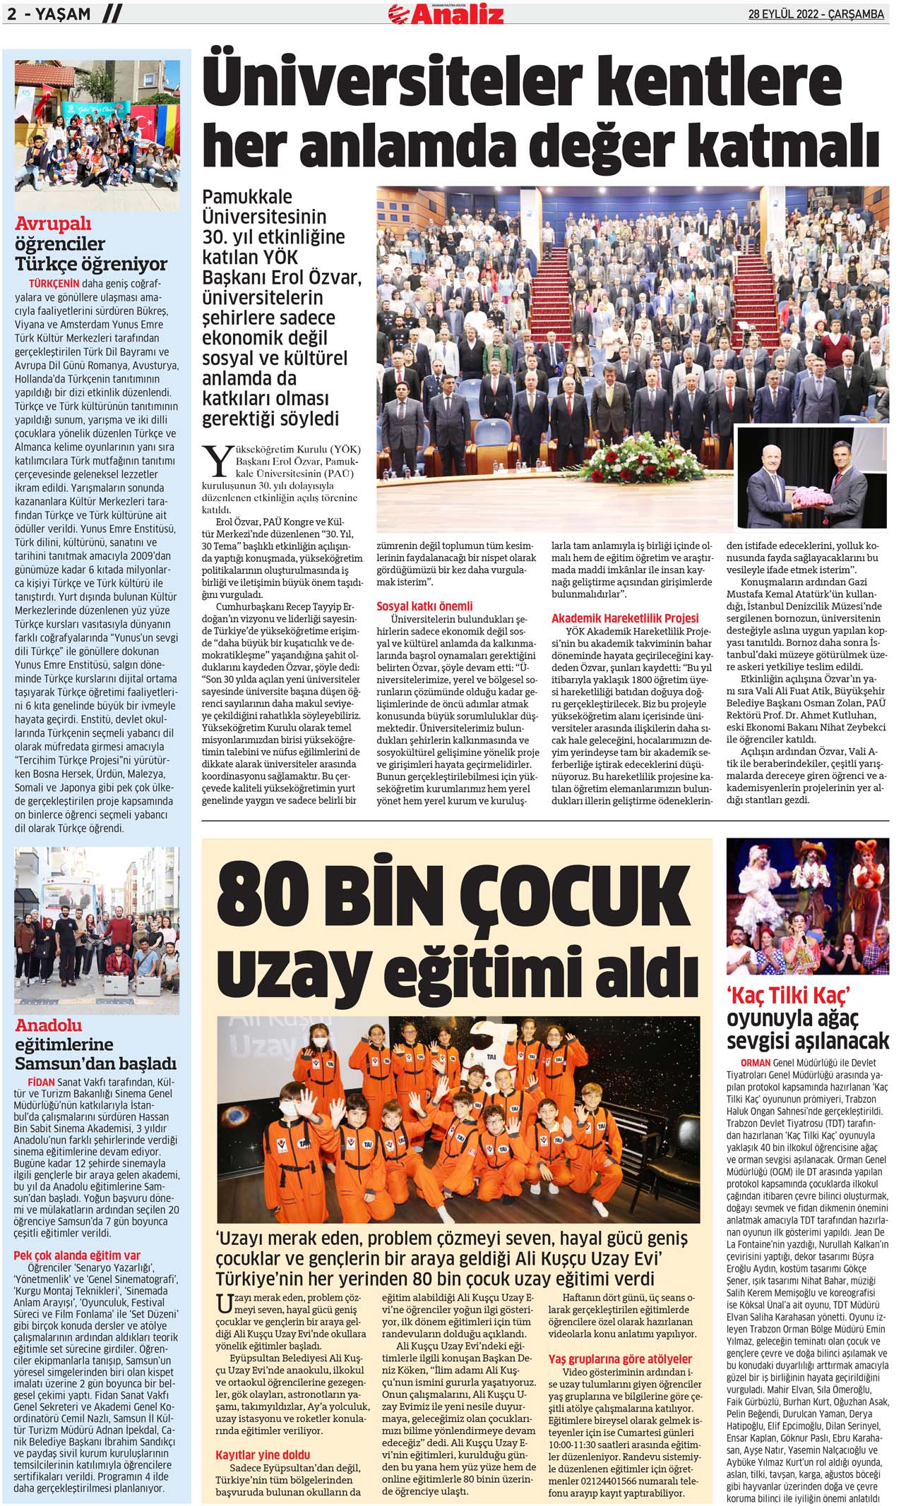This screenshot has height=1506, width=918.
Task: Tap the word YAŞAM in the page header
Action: coord(60,15)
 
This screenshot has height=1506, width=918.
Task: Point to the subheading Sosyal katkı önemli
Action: coord(424,606)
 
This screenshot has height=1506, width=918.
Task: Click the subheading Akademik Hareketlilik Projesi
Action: coord(624,618)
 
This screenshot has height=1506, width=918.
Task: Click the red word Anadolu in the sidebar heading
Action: coord(49,1025)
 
